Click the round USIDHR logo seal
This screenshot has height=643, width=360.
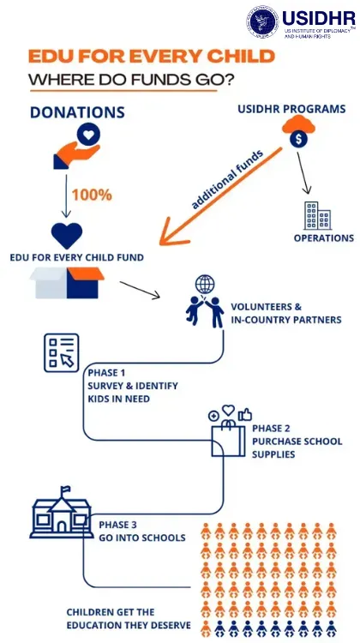pyautogui.click(x=262, y=21)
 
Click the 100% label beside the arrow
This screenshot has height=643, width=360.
pyautogui.click(x=92, y=195)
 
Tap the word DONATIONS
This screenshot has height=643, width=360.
pyautogui.click(x=77, y=113)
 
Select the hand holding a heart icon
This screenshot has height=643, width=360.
pyautogui.click(x=77, y=147)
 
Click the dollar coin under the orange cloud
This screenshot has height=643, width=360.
pyautogui.click(x=298, y=140)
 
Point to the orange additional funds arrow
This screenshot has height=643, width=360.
pyautogui.click(x=221, y=195)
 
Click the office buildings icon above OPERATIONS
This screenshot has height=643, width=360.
pyautogui.click(x=317, y=216)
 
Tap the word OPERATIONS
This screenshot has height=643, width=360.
pyautogui.click(x=323, y=238)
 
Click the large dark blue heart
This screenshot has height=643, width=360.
pyautogui.click(x=67, y=236)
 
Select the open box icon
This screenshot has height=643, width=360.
pyautogui.click(x=67, y=283)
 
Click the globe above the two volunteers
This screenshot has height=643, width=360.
pyautogui.click(x=205, y=284)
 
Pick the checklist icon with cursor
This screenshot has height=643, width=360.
pyautogui.click(x=62, y=352)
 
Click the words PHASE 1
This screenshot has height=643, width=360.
pyautogui.click(x=106, y=374)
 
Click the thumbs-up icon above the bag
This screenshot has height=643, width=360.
pyautogui.click(x=245, y=415)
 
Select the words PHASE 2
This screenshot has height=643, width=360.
pyautogui.click(x=271, y=429)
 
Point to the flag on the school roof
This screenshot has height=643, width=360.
pyautogui.click(x=65, y=490)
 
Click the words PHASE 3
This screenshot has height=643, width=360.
pyautogui.click(x=117, y=525)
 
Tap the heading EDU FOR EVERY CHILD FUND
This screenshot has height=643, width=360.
pyautogui.click(x=76, y=258)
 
